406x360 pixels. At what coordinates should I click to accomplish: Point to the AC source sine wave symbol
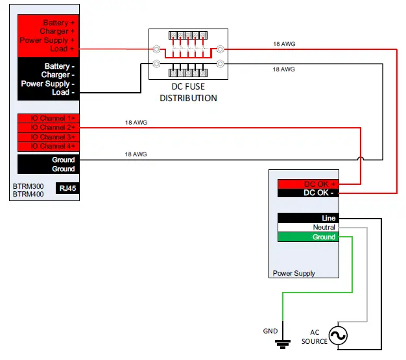pos(338,335)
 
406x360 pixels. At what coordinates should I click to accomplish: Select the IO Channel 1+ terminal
pos(47,119)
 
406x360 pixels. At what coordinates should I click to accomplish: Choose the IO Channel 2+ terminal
pos(47,128)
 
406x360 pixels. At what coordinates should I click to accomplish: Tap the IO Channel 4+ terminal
pos(47,146)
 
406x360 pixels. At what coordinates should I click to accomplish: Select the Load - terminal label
pos(64,93)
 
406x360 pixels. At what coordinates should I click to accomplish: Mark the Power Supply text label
pos(294,273)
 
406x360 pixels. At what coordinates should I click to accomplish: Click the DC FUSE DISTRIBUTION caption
pos(188,93)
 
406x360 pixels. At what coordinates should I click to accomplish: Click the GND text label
pos(270,331)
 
